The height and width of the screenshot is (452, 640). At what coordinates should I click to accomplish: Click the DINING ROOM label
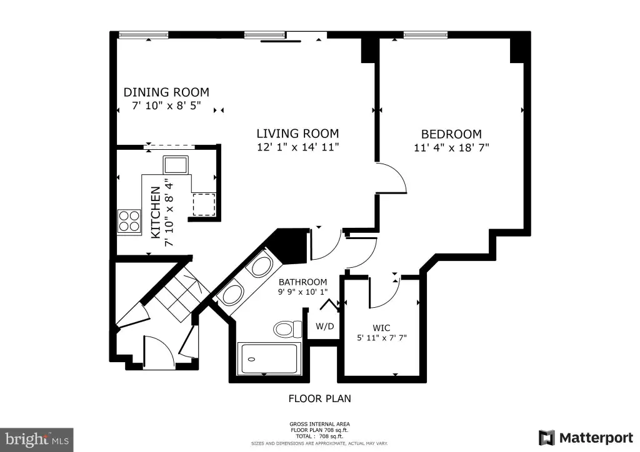pyautogui.click(x=166, y=92)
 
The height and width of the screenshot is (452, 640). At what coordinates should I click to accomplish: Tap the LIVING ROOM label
pyautogui.click(x=297, y=134)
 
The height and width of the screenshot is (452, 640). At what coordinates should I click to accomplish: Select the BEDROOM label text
pyautogui.click(x=451, y=134)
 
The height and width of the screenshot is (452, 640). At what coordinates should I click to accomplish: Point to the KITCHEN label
pyautogui.click(x=156, y=212)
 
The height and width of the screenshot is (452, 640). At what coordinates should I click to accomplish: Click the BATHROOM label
pyautogui.click(x=303, y=282)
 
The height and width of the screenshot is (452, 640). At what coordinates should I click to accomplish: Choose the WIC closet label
pyautogui.click(x=381, y=328)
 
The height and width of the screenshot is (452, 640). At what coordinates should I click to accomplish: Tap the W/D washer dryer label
pyautogui.click(x=325, y=327)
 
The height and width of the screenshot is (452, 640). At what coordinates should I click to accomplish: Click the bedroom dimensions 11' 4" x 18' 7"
pyautogui.click(x=451, y=147)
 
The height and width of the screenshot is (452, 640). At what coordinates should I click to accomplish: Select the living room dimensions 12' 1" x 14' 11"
pyautogui.click(x=298, y=147)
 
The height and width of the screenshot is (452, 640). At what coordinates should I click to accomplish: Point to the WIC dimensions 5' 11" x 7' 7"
pyautogui.click(x=382, y=338)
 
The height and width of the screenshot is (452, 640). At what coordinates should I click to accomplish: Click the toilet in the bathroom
pyautogui.click(x=287, y=329)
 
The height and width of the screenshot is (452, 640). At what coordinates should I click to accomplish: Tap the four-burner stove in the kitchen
pyautogui.click(x=129, y=221)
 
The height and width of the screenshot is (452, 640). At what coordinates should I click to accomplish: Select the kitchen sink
pyautogui.click(x=176, y=165)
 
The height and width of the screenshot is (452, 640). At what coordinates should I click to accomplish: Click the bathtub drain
pyautogui.click(x=251, y=360)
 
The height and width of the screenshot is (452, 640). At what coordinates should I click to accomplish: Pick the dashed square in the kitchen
pyautogui.click(x=204, y=205)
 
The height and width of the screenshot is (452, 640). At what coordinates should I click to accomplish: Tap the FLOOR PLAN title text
pyautogui.click(x=319, y=398)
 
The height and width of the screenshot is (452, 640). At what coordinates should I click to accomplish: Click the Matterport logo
pyautogui.click(x=586, y=438)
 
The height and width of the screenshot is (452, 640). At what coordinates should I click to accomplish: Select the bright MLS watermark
pyautogui.click(x=37, y=440)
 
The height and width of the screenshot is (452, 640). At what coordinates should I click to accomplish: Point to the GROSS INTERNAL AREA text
pyautogui.click(x=319, y=424)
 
